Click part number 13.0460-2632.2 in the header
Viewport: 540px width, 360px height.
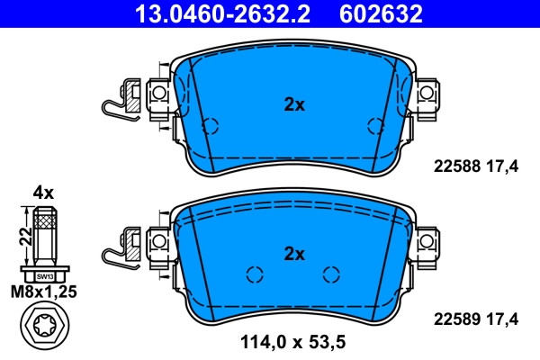point(222,13)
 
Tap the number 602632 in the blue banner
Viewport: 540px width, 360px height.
point(381,13)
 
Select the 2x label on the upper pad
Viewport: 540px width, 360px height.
point(294,104)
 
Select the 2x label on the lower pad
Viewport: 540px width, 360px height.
point(294,254)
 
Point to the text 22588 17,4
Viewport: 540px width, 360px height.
point(475,166)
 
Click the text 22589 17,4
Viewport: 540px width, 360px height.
point(475,319)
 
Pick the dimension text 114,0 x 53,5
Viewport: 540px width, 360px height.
point(292,342)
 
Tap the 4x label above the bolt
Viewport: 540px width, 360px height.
point(43,193)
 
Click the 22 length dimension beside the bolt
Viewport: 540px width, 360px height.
point(25,237)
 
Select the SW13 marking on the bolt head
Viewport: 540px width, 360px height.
point(45,276)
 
